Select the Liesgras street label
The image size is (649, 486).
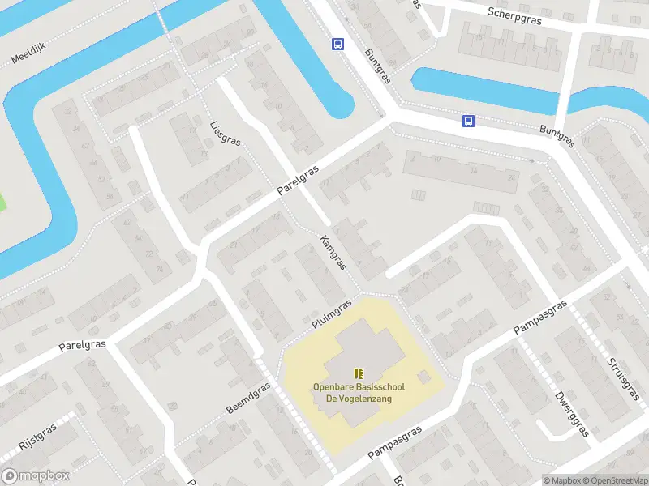click(x=225, y=134)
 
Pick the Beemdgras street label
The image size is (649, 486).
click(x=247, y=398)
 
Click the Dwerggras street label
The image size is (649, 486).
click(x=571, y=414)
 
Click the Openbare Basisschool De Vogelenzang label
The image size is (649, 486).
click(x=359, y=392)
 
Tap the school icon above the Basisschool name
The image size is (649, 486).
click(x=359, y=373)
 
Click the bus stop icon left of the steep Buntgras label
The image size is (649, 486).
click(x=337, y=45)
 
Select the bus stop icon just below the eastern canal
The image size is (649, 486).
click(x=468, y=122)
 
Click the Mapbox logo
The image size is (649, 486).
click(x=36, y=476)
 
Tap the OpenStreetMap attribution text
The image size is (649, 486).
click(x=614, y=480)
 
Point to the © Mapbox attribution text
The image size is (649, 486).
click(x=561, y=480)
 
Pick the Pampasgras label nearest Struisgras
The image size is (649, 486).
click(x=540, y=318)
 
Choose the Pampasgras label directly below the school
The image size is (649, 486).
click(x=395, y=443)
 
